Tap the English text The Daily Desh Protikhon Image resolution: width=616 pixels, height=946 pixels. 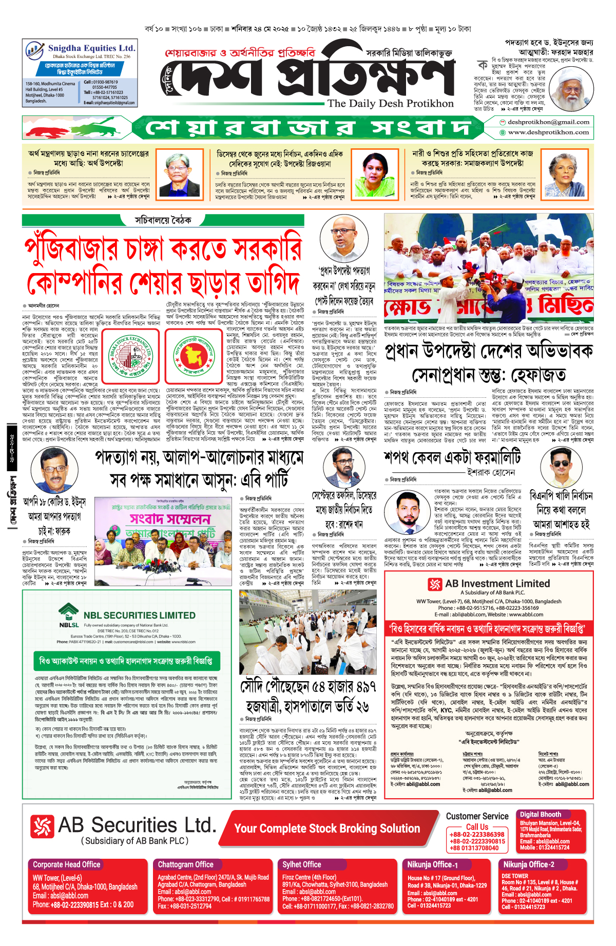(x=391, y=103)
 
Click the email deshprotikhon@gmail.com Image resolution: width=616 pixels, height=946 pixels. (x=548, y=122)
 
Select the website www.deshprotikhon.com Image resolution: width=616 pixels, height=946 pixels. (x=548, y=132)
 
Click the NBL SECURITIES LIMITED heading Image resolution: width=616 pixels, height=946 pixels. (x=139, y=615)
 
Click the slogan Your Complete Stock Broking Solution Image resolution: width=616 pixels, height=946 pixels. (x=327, y=828)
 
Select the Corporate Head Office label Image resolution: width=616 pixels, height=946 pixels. (x=67, y=864)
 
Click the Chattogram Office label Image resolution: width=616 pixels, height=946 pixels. (x=185, y=864)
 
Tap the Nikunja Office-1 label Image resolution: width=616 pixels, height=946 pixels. (x=432, y=864)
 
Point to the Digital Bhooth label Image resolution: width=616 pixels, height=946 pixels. (x=540, y=815)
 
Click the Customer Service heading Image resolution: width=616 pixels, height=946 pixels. (x=477, y=816)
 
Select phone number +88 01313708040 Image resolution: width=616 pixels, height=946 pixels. (x=477, y=848)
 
